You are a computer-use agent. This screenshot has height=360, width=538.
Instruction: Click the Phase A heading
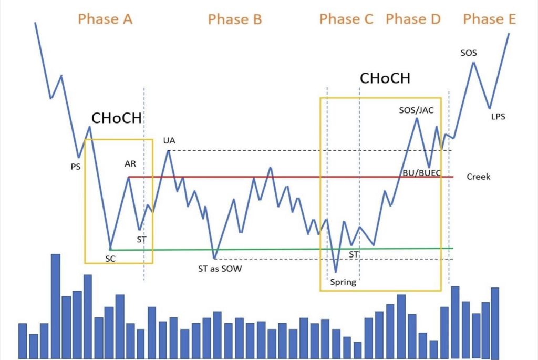coord(105,19)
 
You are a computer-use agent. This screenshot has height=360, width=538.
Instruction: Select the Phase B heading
coord(235,19)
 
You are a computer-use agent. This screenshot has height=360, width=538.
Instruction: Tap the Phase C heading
coord(346,19)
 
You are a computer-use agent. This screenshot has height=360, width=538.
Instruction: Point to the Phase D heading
coord(413,19)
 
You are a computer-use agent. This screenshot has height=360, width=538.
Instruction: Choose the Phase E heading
coord(489,19)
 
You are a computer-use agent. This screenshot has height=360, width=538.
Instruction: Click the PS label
coord(76,167)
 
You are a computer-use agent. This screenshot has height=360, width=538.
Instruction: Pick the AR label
coord(130,163)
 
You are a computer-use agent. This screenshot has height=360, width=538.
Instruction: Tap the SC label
coord(110,259)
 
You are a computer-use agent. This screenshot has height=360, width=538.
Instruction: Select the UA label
coord(169,140)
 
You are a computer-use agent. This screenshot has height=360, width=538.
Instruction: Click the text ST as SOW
coord(220,269)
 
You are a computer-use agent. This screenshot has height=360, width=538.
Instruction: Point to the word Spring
coord(343,282)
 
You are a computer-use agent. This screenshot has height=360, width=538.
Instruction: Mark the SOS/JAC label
coord(416,110)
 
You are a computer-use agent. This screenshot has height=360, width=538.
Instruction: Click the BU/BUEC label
coord(422,173)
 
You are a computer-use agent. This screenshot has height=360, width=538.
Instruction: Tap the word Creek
coord(478,177)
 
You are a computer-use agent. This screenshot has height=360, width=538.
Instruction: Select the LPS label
coord(498,117)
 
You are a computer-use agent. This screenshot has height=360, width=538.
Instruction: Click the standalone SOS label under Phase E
coord(469,53)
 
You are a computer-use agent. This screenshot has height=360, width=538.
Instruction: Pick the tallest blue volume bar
coord(56,306)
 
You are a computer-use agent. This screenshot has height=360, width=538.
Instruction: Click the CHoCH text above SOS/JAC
coord(385,78)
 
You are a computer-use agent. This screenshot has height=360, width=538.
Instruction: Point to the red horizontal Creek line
coord(291,177)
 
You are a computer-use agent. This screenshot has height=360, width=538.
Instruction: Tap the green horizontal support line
coord(282,249)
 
